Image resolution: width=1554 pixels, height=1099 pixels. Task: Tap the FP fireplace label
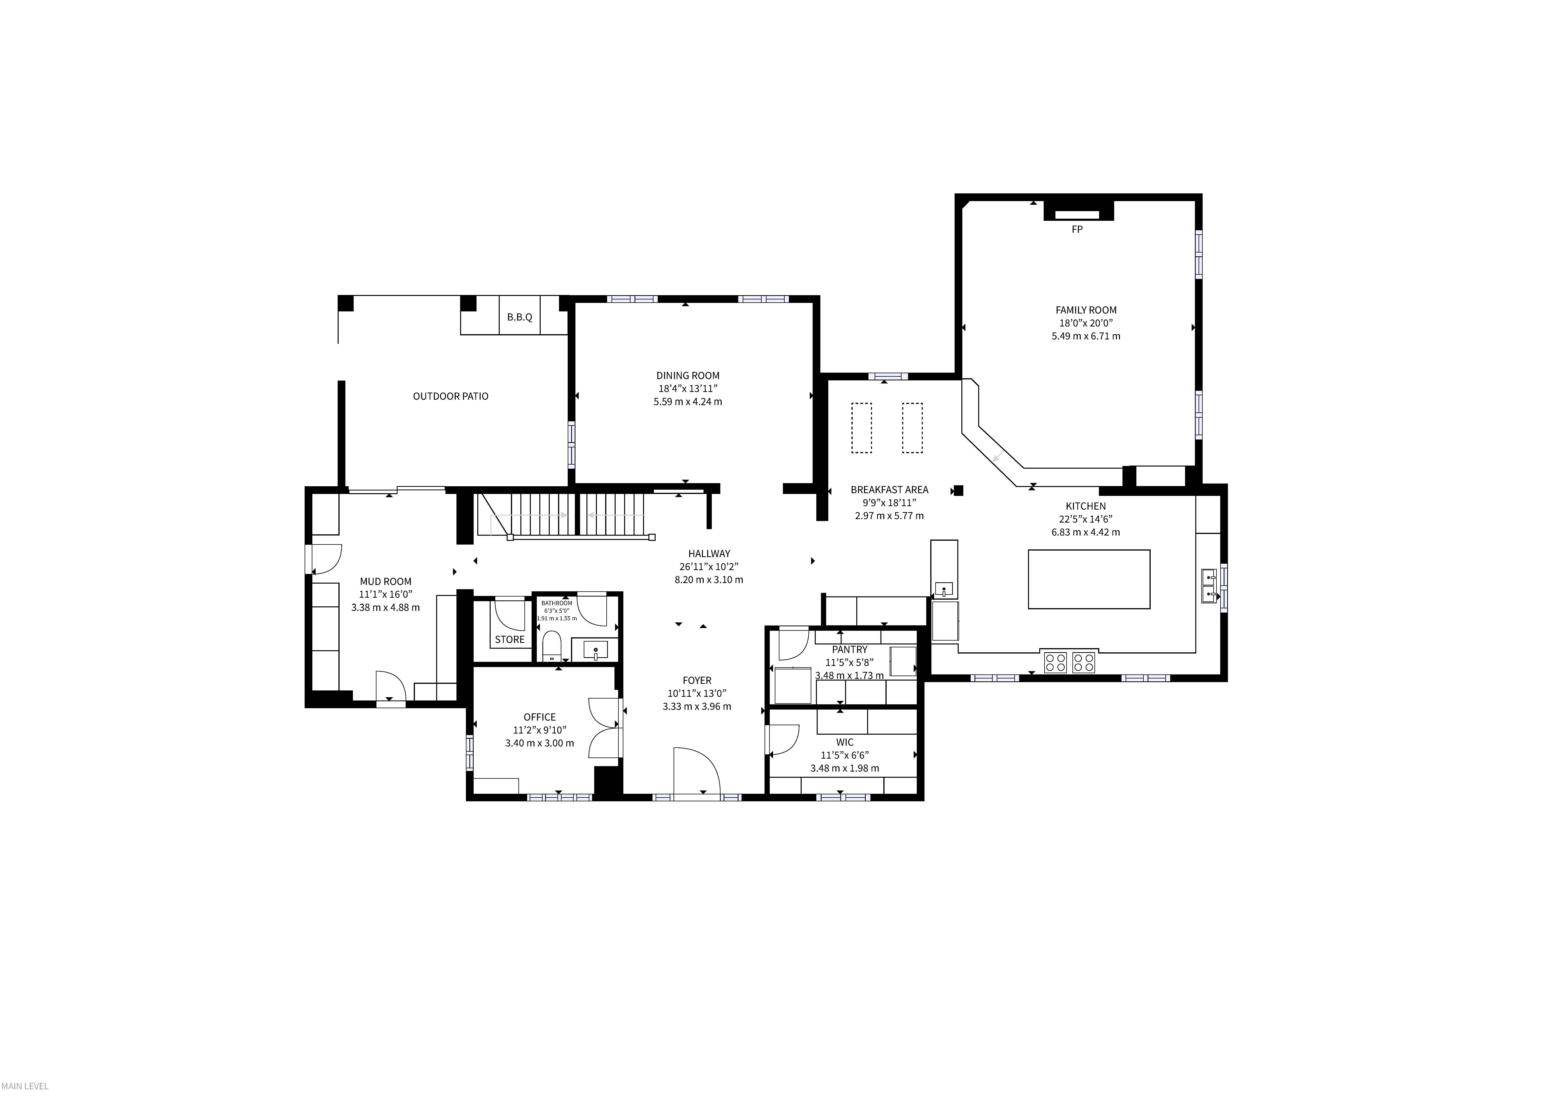click(x=1077, y=229)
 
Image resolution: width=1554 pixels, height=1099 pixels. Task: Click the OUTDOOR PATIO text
click(x=451, y=396)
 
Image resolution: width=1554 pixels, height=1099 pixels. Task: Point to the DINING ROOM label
click(x=688, y=376)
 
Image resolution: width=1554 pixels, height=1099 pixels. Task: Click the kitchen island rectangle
click(x=1089, y=579)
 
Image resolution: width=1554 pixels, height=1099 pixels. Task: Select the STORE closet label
click(x=510, y=639)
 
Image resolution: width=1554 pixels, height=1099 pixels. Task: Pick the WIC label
click(x=845, y=742)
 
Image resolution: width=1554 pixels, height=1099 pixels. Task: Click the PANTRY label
click(x=849, y=650)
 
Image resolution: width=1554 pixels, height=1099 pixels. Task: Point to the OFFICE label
click(x=540, y=717)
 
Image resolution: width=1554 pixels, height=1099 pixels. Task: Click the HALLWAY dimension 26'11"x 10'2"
click(x=709, y=566)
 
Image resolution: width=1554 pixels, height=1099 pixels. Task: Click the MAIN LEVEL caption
click(x=24, y=1086)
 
